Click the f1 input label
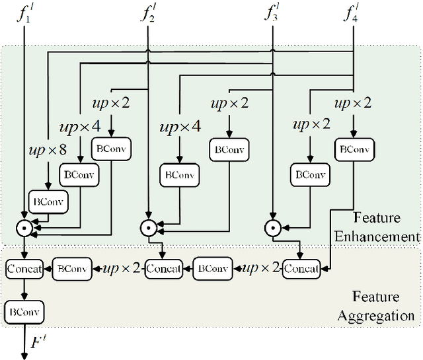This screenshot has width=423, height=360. click(24, 13)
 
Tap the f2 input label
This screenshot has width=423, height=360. click(147, 13)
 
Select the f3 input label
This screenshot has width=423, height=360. click(272, 13)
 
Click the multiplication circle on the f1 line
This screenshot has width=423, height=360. click(24, 229)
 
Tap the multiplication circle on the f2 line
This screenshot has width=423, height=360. click(148, 229)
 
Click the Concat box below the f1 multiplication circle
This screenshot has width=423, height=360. click(24, 269)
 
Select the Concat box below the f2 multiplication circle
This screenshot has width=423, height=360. click(163, 269)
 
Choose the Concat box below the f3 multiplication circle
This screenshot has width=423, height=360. click(301, 269)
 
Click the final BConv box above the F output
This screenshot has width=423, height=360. click(24, 310)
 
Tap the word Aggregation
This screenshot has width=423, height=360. click(376, 316)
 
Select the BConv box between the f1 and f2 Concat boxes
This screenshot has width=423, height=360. click(73, 269)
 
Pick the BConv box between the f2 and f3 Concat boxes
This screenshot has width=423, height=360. click(213, 269)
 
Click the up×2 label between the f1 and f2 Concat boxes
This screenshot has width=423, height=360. click(123, 269)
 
